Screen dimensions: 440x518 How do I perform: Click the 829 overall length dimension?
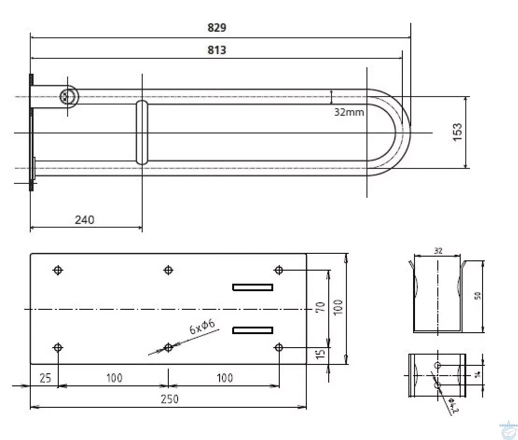pos(217,28)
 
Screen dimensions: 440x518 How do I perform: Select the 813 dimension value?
pos(217,50)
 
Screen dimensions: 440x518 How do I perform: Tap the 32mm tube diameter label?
pos(349,112)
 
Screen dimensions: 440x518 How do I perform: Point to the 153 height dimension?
pos(458,132)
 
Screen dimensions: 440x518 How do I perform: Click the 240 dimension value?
pos(84,220)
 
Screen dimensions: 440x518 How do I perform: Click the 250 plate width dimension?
pos(170,399)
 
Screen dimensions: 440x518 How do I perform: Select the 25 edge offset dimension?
pos(45,377)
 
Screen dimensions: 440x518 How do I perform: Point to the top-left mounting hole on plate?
pos(58,270)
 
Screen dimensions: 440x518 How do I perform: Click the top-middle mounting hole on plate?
pos(168,270)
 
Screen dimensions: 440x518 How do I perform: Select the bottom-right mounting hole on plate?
pos(279,348)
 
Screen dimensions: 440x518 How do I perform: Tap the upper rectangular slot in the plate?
pos(253,287)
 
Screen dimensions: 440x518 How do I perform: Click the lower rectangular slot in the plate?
pos(253,330)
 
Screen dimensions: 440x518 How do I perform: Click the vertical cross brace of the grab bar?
pos(142,132)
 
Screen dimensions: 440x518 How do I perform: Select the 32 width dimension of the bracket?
pos(438,251)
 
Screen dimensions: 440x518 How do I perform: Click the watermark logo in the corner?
pos(507,430)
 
